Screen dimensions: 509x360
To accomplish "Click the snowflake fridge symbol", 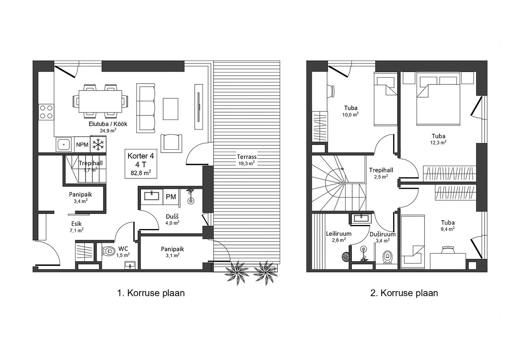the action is coord(98,145).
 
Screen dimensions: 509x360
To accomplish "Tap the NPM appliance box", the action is coord(82,145).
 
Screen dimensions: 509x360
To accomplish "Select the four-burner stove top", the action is coord(46,112).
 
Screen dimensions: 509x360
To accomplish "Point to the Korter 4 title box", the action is coord(141,164).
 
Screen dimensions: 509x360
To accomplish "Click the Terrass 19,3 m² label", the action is coord(247,160).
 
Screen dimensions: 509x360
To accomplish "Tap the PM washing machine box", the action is coord(171,197).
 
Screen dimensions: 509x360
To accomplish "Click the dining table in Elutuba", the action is coord(100,102).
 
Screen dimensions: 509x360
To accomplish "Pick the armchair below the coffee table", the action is coord(172,143).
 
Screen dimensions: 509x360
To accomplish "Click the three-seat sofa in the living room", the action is coord(146,108).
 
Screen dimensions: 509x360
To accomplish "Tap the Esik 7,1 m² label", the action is coord(76,227).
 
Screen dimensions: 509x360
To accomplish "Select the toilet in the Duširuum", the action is coord(387,257).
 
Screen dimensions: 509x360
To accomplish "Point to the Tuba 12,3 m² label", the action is coord(438,139).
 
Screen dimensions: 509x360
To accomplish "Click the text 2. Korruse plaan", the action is coord(404,293).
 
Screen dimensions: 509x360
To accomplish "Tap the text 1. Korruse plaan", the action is coord(151,293).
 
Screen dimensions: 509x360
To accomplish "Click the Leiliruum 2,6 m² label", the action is coord(339,237).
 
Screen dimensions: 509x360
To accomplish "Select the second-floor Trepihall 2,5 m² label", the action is coord(381,173).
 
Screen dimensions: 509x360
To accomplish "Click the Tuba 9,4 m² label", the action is coord(448,225).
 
